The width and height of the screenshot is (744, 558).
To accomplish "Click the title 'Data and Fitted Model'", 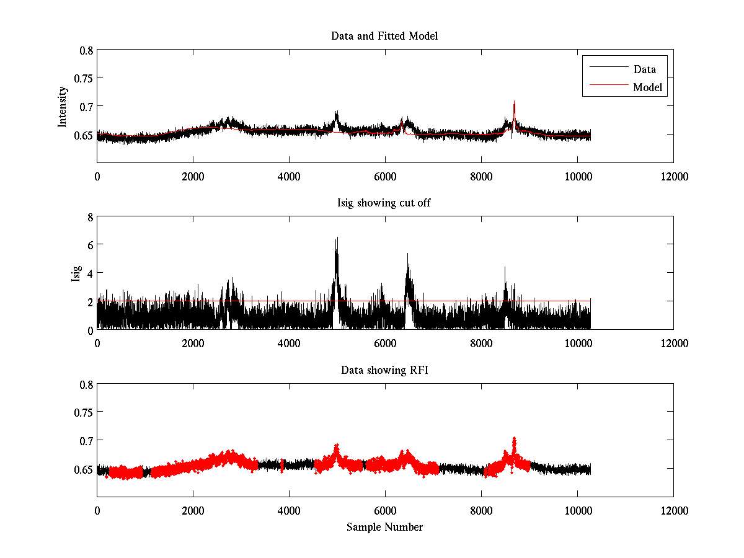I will pos(384,36).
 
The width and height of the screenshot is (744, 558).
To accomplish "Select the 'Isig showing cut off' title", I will pos(384,203).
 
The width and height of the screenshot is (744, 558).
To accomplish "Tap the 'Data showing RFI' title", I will pos(384,370).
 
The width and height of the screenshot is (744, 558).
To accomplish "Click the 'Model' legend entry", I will pos(647,87).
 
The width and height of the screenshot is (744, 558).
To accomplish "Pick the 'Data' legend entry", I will pos(644,69).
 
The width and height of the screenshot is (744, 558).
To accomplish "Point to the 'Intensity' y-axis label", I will pos(62,106).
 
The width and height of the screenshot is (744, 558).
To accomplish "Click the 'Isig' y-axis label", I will pos(76,273).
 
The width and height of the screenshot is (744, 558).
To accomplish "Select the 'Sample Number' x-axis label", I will pos(384,527).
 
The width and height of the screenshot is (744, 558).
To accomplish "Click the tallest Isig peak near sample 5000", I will pos(337,238).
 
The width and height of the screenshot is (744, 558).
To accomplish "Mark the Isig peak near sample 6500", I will pos(407,254).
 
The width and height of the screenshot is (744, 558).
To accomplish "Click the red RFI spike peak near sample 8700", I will pos(514,438).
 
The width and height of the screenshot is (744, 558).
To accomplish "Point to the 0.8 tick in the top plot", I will pos(86,50).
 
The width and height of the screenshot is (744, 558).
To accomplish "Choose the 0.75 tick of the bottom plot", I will pos(83,412).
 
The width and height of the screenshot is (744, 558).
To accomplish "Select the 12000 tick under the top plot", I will pos(673,176).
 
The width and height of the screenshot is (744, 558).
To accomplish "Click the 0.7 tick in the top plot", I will pos(86,106).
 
